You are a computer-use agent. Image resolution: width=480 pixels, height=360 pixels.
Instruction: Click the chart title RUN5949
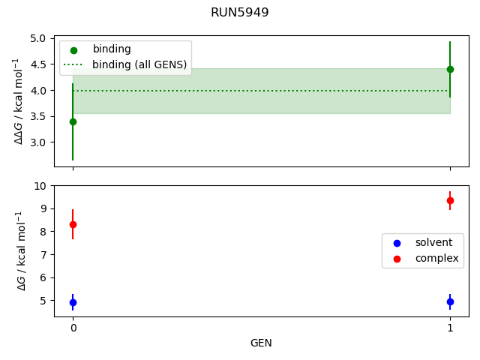pos(240,13)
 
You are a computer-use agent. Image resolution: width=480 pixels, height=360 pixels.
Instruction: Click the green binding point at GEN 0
pos(73,121)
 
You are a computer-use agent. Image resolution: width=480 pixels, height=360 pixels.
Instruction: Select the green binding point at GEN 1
pos(450,69)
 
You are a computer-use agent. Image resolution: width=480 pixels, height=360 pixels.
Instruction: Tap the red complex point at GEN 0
pos(73,224)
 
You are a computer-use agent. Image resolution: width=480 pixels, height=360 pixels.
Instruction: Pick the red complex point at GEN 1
pos(450,200)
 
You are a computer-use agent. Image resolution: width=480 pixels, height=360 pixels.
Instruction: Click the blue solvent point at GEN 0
pos(73,302)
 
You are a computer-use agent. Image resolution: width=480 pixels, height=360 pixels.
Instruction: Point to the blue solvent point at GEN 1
pos(450,301)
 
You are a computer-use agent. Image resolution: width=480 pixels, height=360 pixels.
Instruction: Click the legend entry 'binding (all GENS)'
pos(139,64)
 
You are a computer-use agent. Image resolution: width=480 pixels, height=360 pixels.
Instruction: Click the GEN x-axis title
pos(261,343)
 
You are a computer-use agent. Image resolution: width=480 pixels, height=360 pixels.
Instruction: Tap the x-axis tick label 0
pos(73,328)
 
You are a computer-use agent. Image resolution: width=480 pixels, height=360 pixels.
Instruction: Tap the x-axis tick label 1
pos(450,328)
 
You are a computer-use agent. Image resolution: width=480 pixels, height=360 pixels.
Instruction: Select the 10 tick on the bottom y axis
pos(42,185)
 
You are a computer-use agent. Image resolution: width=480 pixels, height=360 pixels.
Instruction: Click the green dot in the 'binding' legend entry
pos(73,50)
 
